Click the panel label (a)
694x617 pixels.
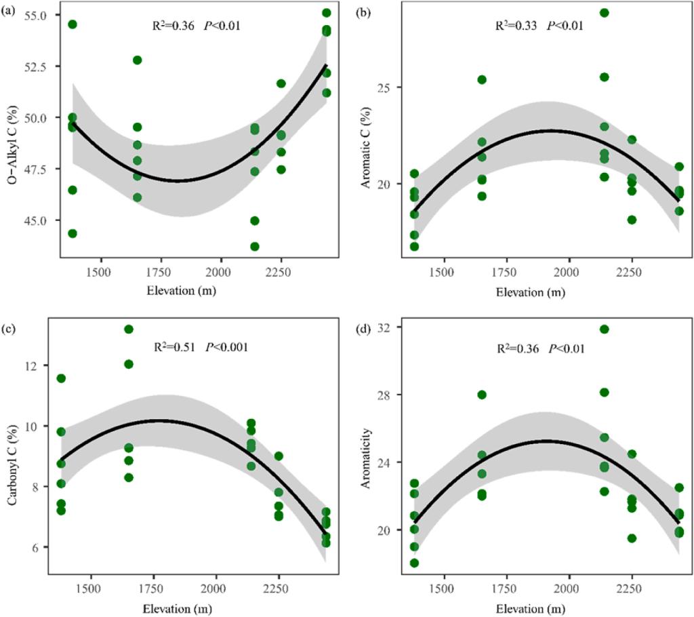tap(10, 10)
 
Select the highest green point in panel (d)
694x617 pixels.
tap(605, 330)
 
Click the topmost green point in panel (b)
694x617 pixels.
tap(605, 13)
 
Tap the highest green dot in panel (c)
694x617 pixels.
tap(129, 330)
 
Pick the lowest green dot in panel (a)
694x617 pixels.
tap(255, 246)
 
